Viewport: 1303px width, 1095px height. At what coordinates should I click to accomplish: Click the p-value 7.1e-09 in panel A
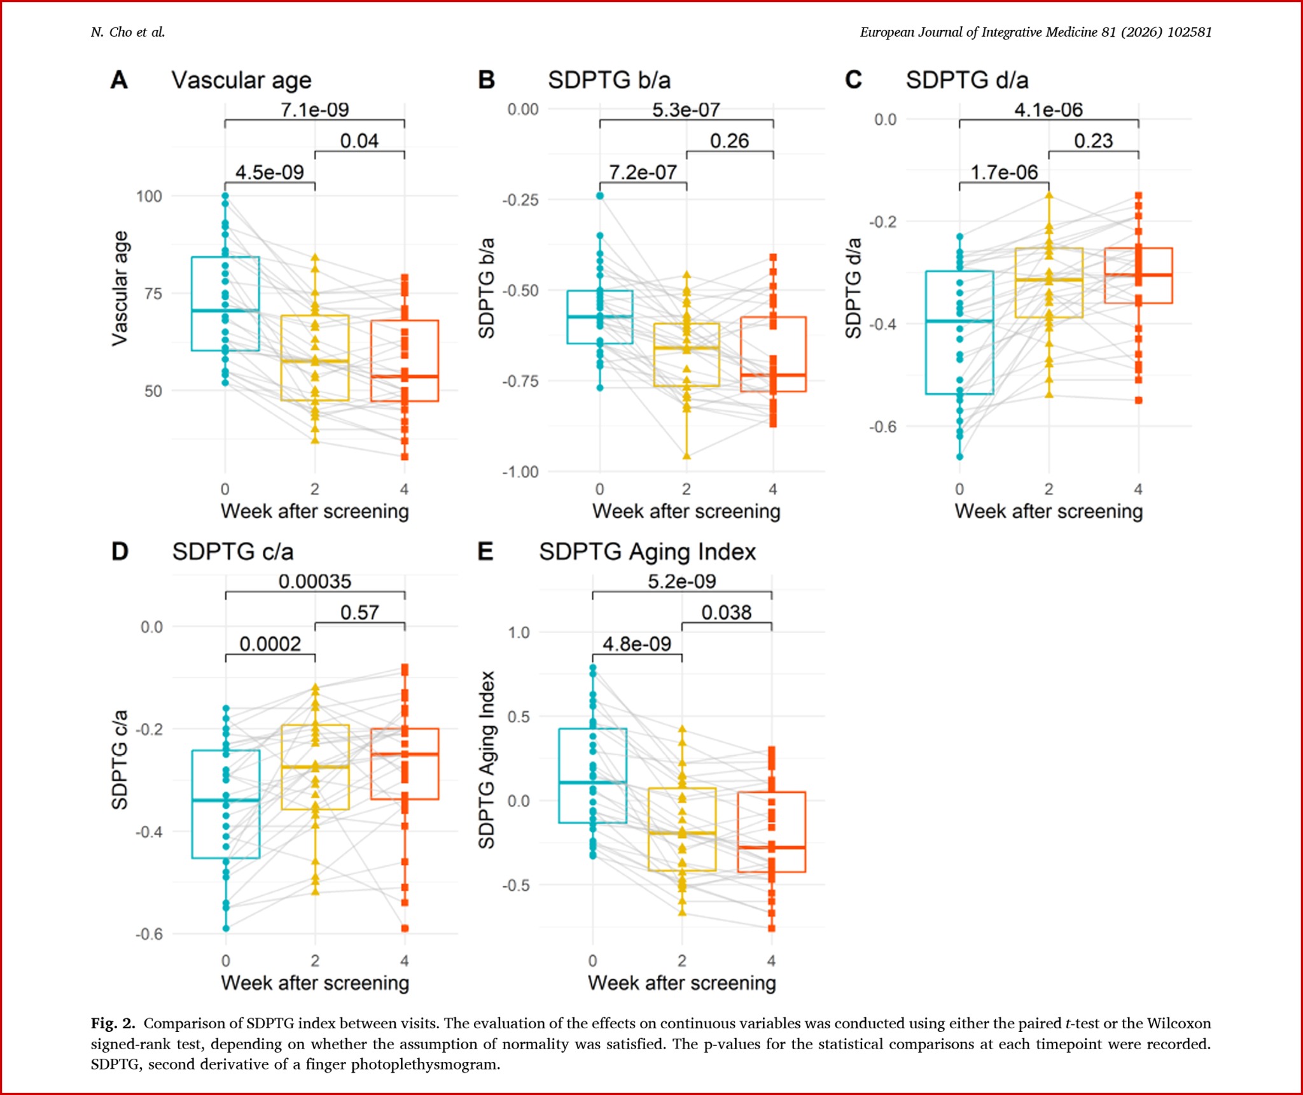315,109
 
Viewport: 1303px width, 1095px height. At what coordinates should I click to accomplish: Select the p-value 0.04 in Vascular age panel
359,141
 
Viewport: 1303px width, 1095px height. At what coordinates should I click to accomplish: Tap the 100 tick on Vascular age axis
150,196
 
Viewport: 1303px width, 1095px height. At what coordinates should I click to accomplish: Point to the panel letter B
486,80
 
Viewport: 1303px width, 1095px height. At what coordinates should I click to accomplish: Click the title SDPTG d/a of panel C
967,80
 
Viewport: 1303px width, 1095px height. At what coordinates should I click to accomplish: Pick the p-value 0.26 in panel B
729,141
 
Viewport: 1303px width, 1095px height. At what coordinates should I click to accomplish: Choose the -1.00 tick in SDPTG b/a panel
520,471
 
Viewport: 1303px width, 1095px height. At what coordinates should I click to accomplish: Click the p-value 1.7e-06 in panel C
1004,172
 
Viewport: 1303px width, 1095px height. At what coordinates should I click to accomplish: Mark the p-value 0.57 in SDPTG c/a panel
359,612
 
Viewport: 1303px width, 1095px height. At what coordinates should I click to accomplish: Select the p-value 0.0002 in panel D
270,644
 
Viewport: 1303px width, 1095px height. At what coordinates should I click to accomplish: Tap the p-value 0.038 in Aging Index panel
727,612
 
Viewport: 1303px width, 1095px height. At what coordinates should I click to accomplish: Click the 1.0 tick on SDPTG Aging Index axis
519,632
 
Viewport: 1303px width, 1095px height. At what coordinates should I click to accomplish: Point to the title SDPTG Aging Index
648,552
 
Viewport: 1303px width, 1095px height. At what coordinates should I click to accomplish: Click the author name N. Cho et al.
128,32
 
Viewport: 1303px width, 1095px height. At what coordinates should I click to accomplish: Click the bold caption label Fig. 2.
113,1023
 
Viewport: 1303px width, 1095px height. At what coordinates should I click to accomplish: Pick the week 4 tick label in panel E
771,961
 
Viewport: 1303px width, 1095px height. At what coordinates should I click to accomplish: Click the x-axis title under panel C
1049,512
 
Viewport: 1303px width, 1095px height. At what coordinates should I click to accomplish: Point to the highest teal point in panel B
599,196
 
